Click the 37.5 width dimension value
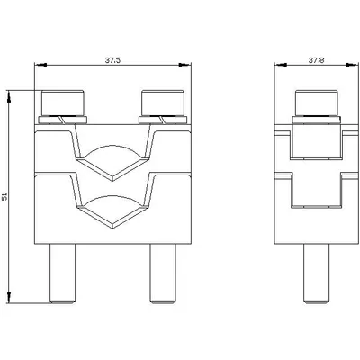[x=112, y=60]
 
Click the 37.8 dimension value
[x=317, y=60]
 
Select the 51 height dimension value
[x=4, y=197]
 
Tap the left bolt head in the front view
[x=63, y=103]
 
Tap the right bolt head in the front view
[x=163, y=103]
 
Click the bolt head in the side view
[x=317, y=103]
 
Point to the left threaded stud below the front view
[x=62, y=274]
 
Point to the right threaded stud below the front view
[x=163, y=274]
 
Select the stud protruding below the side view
[x=317, y=274]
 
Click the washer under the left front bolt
[x=63, y=120]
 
